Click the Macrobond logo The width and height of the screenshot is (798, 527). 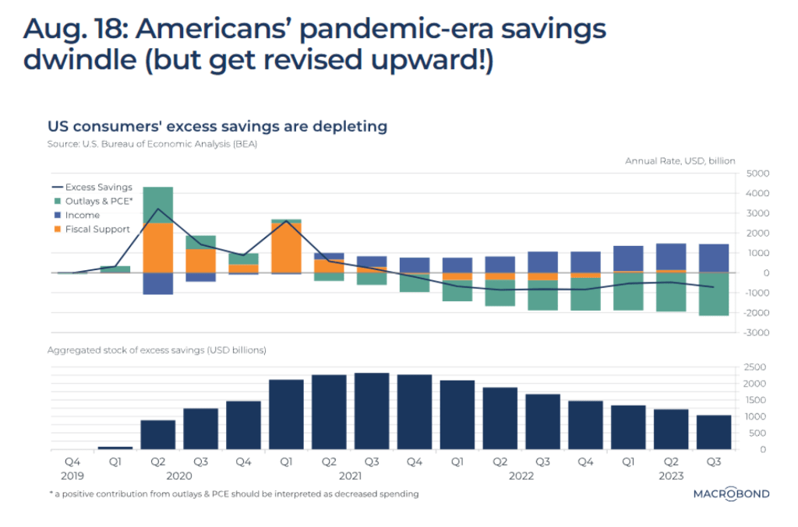(x=731, y=494)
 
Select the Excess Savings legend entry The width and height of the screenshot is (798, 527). (x=92, y=187)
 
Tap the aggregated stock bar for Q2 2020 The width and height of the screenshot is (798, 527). (x=158, y=434)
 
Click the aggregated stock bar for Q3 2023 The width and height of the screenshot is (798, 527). (x=712, y=432)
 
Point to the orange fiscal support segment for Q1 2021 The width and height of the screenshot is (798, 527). (x=286, y=248)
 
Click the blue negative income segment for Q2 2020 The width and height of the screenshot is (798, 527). (x=158, y=283)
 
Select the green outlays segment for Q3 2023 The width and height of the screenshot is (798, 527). (x=712, y=293)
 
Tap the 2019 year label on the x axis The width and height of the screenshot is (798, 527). (x=72, y=476)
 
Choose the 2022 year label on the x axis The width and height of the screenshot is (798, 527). (x=521, y=476)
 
